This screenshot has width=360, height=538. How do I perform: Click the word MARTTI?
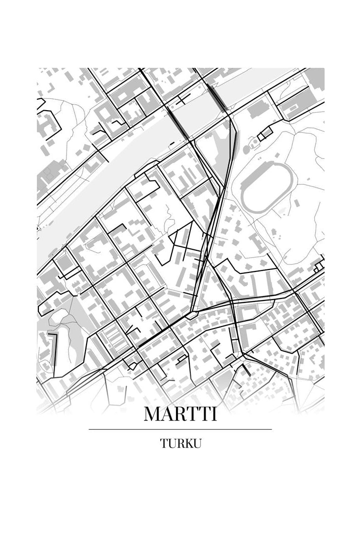(x=180, y=414)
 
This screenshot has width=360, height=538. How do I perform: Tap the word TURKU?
(x=180, y=444)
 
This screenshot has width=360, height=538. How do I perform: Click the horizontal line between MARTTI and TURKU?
(x=180, y=429)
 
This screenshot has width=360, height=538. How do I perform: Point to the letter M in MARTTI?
(x=152, y=414)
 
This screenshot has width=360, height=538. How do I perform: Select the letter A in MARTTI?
(x=167, y=414)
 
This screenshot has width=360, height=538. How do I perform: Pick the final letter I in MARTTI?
(x=213, y=414)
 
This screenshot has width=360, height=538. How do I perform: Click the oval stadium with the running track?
(x=266, y=188)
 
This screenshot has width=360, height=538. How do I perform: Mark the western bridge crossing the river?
(x=179, y=123)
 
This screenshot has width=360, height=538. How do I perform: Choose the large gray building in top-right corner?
(x=315, y=78)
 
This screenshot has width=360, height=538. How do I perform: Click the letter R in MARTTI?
(x=182, y=414)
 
